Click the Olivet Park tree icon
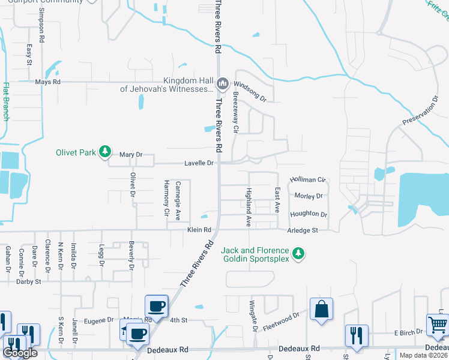106,152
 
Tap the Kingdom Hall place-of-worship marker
223,83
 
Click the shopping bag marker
321,310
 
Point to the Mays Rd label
48,82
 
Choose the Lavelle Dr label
199,163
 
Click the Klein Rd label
199,230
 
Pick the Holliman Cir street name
307,179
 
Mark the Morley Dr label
309,196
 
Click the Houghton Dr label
309,214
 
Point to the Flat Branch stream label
7,101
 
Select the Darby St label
29,281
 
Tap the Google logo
20,353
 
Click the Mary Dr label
131,155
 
